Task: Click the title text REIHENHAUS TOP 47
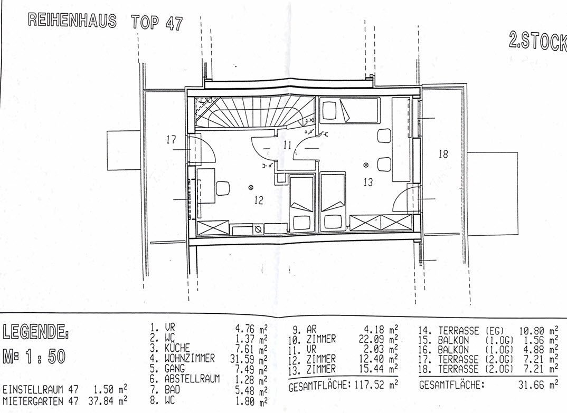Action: [x=105, y=22]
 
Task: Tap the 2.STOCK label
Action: [x=538, y=41]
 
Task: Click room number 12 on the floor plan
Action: [x=259, y=200]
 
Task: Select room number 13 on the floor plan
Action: [x=368, y=182]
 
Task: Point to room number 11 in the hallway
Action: [x=288, y=145]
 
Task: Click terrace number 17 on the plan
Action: [x=171, y=139]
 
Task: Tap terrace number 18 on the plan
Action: [x=443, y=155]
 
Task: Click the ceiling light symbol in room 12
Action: [x=251, y=187]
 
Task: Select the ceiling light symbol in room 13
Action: [x=366, y=165]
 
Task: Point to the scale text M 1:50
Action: [x=34, y=357]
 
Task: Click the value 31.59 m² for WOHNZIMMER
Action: [x=249, y=359]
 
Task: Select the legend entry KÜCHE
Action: [x=177, y=348]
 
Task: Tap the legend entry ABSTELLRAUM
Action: [x=192, y=379]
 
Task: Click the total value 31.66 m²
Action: [x=538, y=385]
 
